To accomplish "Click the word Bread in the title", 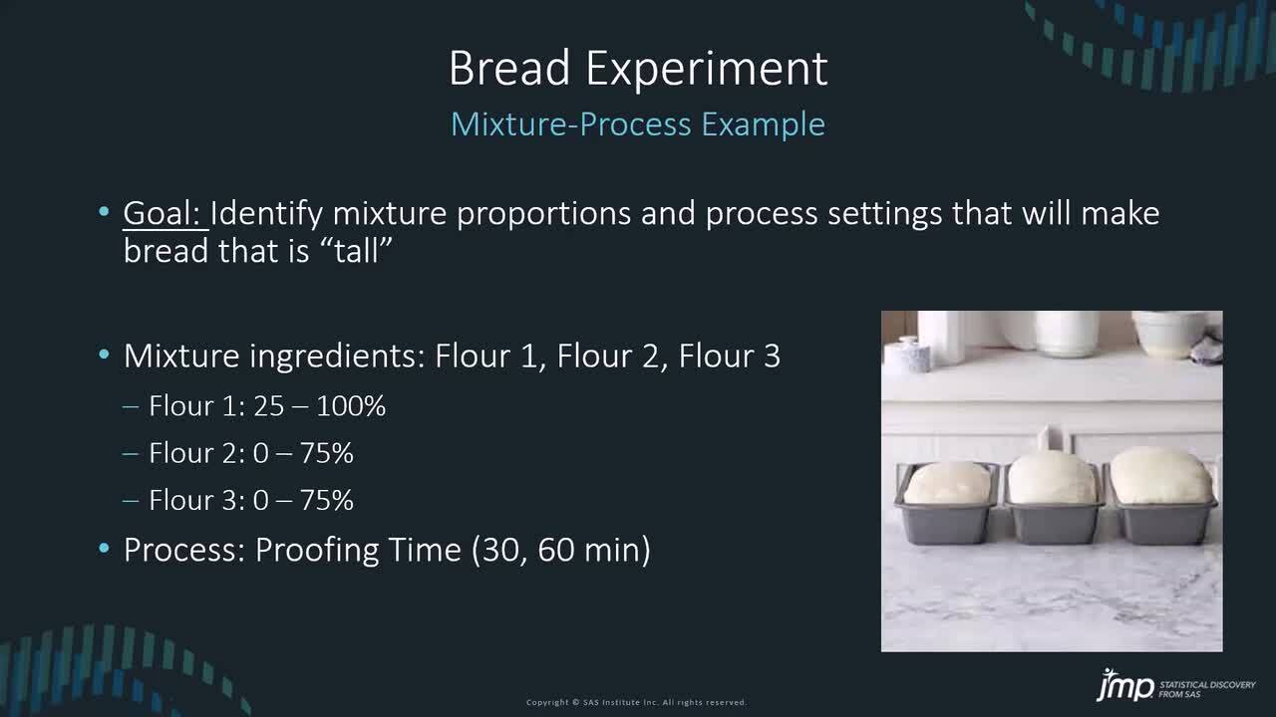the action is pos(509,68).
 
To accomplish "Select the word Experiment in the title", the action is pos(707,71).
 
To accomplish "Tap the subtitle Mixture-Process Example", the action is pos(638,124).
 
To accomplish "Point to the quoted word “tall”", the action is pos(357,250).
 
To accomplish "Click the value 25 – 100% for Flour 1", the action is pos(320,406).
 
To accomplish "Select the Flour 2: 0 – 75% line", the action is pos(250,453).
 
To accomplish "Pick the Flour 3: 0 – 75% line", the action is pos(250,500).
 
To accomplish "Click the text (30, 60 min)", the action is pos(561,551).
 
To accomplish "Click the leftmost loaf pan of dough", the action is pos(947,504).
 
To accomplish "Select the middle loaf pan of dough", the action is pos(1053,499).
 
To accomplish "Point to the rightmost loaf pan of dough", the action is pos(1162,496).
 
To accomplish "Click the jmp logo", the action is pos(1124,685).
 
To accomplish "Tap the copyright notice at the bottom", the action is pos(636,702).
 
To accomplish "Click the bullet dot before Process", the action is pos(104,549).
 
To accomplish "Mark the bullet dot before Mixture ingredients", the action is pos(104,355).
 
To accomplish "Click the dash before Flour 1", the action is pos(131,406).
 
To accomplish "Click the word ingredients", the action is pos(337,357).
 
